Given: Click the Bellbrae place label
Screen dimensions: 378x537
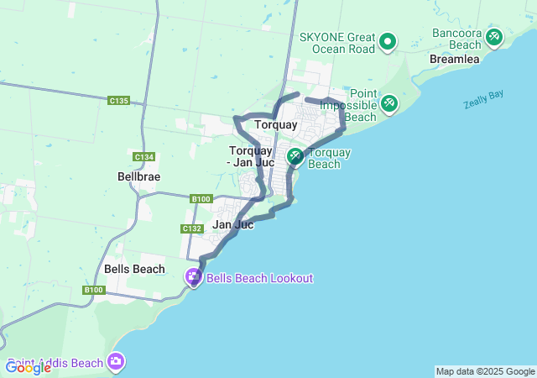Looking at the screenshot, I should pos(138,177).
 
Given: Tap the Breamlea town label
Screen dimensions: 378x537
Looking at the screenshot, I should pos(453,60).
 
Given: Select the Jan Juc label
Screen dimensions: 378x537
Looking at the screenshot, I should pos(233,224).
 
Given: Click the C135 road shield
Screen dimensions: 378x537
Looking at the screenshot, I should pos(119,101).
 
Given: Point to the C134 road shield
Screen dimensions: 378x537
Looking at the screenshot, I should pos(143,157).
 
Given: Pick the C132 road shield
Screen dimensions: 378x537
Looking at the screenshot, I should pos(191,228).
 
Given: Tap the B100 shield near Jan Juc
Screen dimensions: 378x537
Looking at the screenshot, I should pos(201,199).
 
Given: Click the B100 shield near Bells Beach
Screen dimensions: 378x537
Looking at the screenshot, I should pos(93,290).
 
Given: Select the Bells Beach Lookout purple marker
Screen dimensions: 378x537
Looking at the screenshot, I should pos(194,276).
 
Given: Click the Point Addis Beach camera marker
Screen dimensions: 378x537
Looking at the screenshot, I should pos(115,361).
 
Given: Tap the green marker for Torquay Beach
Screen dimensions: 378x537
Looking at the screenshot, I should pos(295,156).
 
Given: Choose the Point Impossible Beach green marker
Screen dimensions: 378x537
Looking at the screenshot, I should pos(388,103).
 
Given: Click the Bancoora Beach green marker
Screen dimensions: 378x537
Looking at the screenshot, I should pos(494,37).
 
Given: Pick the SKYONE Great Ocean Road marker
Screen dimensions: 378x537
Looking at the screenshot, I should pos(388,40).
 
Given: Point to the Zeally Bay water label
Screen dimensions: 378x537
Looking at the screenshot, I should pos(483,99).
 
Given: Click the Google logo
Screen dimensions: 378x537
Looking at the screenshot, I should pos(28,367).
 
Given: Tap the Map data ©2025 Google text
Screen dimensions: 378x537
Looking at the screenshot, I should pos(485,371).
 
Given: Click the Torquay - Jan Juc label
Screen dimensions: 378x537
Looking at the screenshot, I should pos(252,156).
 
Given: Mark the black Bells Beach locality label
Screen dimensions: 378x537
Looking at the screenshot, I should pos(134,269).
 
